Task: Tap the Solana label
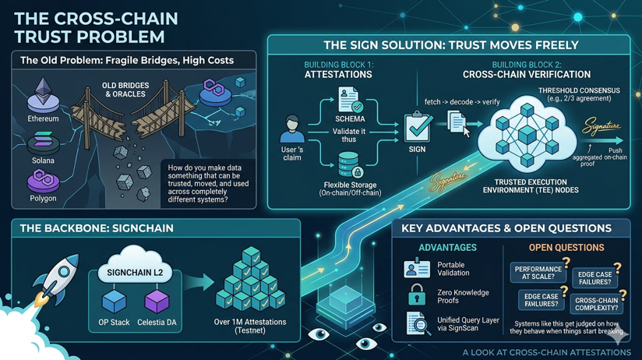coord(43,161)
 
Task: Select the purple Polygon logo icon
coord(43,181)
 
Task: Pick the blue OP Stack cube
coord(115,300)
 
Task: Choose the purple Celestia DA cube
coord(157,300)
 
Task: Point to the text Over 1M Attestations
coord(249,322)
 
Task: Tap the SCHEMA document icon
coord(350,101)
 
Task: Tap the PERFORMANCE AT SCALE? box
coord(538,272)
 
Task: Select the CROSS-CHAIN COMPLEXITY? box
coord(598,302)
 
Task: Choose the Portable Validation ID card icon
coord(417,268)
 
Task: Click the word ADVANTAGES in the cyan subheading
coord(447,247)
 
